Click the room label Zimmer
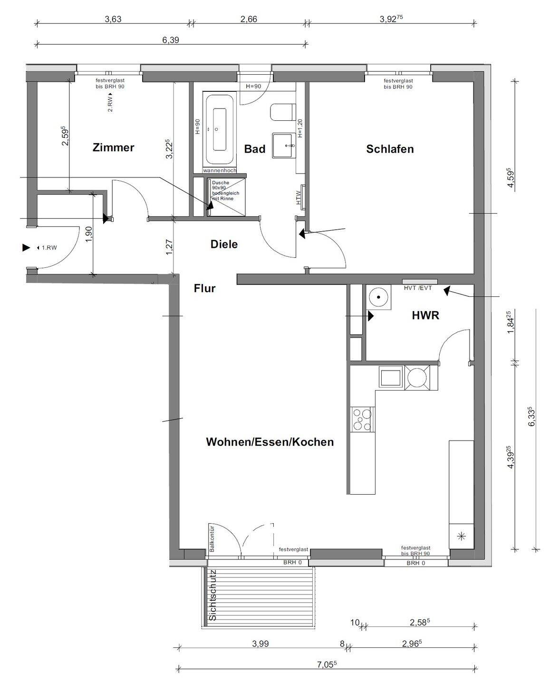(113, 147)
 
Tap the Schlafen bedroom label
(390, 149)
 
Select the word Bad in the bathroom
(255, 148)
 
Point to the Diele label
(224, 244)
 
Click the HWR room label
(425, 315)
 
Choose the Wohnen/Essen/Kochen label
(270, 442)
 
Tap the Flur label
(204, 288)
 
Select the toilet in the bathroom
(283, 112)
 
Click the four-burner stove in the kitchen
(363, 419)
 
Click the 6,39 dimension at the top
(171, 40)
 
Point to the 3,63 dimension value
(113, 19)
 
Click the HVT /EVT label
(418, 288)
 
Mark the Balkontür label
(212, 538)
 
